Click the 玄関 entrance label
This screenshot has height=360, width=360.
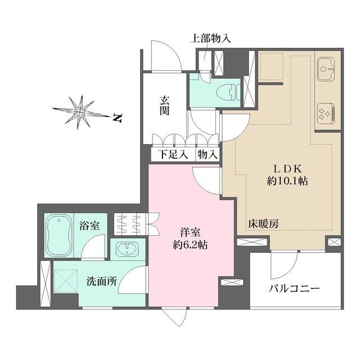click(x=165, y=105)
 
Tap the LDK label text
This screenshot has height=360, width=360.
click(x=289, y=168)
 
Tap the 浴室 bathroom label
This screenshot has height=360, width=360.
click(x=89, y=226)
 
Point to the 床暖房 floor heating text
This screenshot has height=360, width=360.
click(x=264, y=223)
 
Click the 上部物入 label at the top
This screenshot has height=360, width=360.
click(x=210, y=39)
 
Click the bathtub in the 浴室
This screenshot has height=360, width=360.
click(x=59, y=233)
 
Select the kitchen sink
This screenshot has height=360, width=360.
click(x=327, y=69)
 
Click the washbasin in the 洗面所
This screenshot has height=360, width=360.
click(x=129, y=248)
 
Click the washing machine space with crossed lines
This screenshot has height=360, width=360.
click(x=66, y=280)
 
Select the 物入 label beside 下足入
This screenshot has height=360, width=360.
click(x=207, y=154)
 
